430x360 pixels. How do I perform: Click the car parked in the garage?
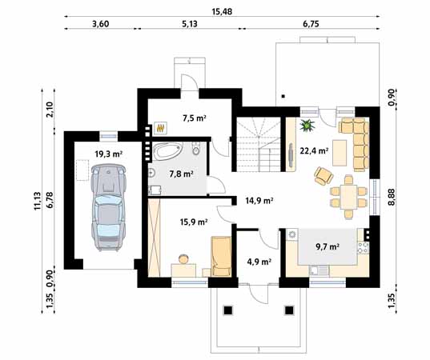[x=109, y=207]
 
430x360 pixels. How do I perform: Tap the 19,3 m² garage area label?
[x=109, y=154]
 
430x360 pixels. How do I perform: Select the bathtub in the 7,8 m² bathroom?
[x=167, y=150]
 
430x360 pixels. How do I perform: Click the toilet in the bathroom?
[x=196, y=148]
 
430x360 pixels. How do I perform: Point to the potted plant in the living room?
[x=307, y=126]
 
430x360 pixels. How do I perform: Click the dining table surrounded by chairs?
[x=348, y=197]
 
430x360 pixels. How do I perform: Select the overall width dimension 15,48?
[x=222, y=12]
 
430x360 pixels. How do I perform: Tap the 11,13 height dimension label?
[x=38, y=201]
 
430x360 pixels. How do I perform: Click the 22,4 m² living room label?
[x=314, y=150]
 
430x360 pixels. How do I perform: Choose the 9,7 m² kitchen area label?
[x=328, y=247]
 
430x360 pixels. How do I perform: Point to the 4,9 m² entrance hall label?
[x=259, y=262]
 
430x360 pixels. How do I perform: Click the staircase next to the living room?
[x=259, y=144]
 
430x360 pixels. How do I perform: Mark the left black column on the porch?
[x=228, y=310]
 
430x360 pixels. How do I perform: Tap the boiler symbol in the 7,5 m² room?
[x=160, y=128]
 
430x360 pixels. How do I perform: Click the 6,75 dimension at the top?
[x=311, y=24]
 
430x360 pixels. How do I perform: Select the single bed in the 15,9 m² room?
[x=221, y=257]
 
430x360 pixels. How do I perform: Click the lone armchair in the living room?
[x=324, y=176]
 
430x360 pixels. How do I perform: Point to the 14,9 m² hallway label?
[x=259, y=201]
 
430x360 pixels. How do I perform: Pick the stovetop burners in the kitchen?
[x=364, y=247]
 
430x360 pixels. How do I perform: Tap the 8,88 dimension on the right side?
[x=392, y=197]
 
